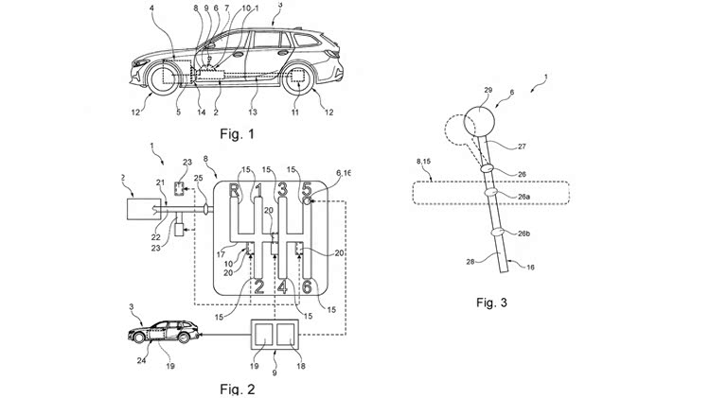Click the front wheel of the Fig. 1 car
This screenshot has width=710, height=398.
click(157, 76)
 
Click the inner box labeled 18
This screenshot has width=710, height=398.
click(284, 337)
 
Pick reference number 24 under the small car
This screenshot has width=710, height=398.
click(141, 359)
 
